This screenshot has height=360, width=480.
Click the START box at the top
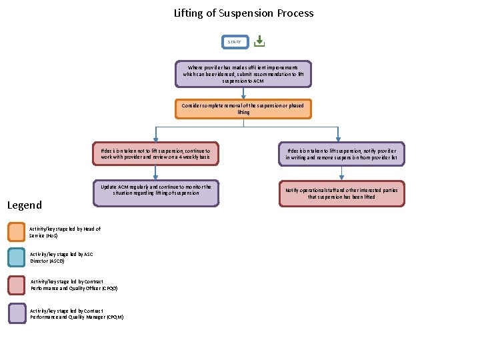235,41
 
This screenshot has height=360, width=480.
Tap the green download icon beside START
259,41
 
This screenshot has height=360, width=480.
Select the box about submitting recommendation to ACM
243,74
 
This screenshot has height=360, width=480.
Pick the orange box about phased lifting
243,109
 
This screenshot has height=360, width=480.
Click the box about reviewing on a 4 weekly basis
155,153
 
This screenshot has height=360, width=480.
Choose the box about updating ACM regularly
155,193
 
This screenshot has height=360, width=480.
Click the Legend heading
24,205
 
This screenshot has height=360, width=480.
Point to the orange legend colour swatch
17,231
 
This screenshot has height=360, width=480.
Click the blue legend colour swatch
17,257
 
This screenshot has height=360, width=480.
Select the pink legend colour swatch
17,285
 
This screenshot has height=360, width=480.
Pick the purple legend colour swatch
17,313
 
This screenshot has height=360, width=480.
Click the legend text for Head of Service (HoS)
65,232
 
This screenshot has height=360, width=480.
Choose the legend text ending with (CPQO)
74,285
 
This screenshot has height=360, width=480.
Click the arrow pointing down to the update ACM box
155,173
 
